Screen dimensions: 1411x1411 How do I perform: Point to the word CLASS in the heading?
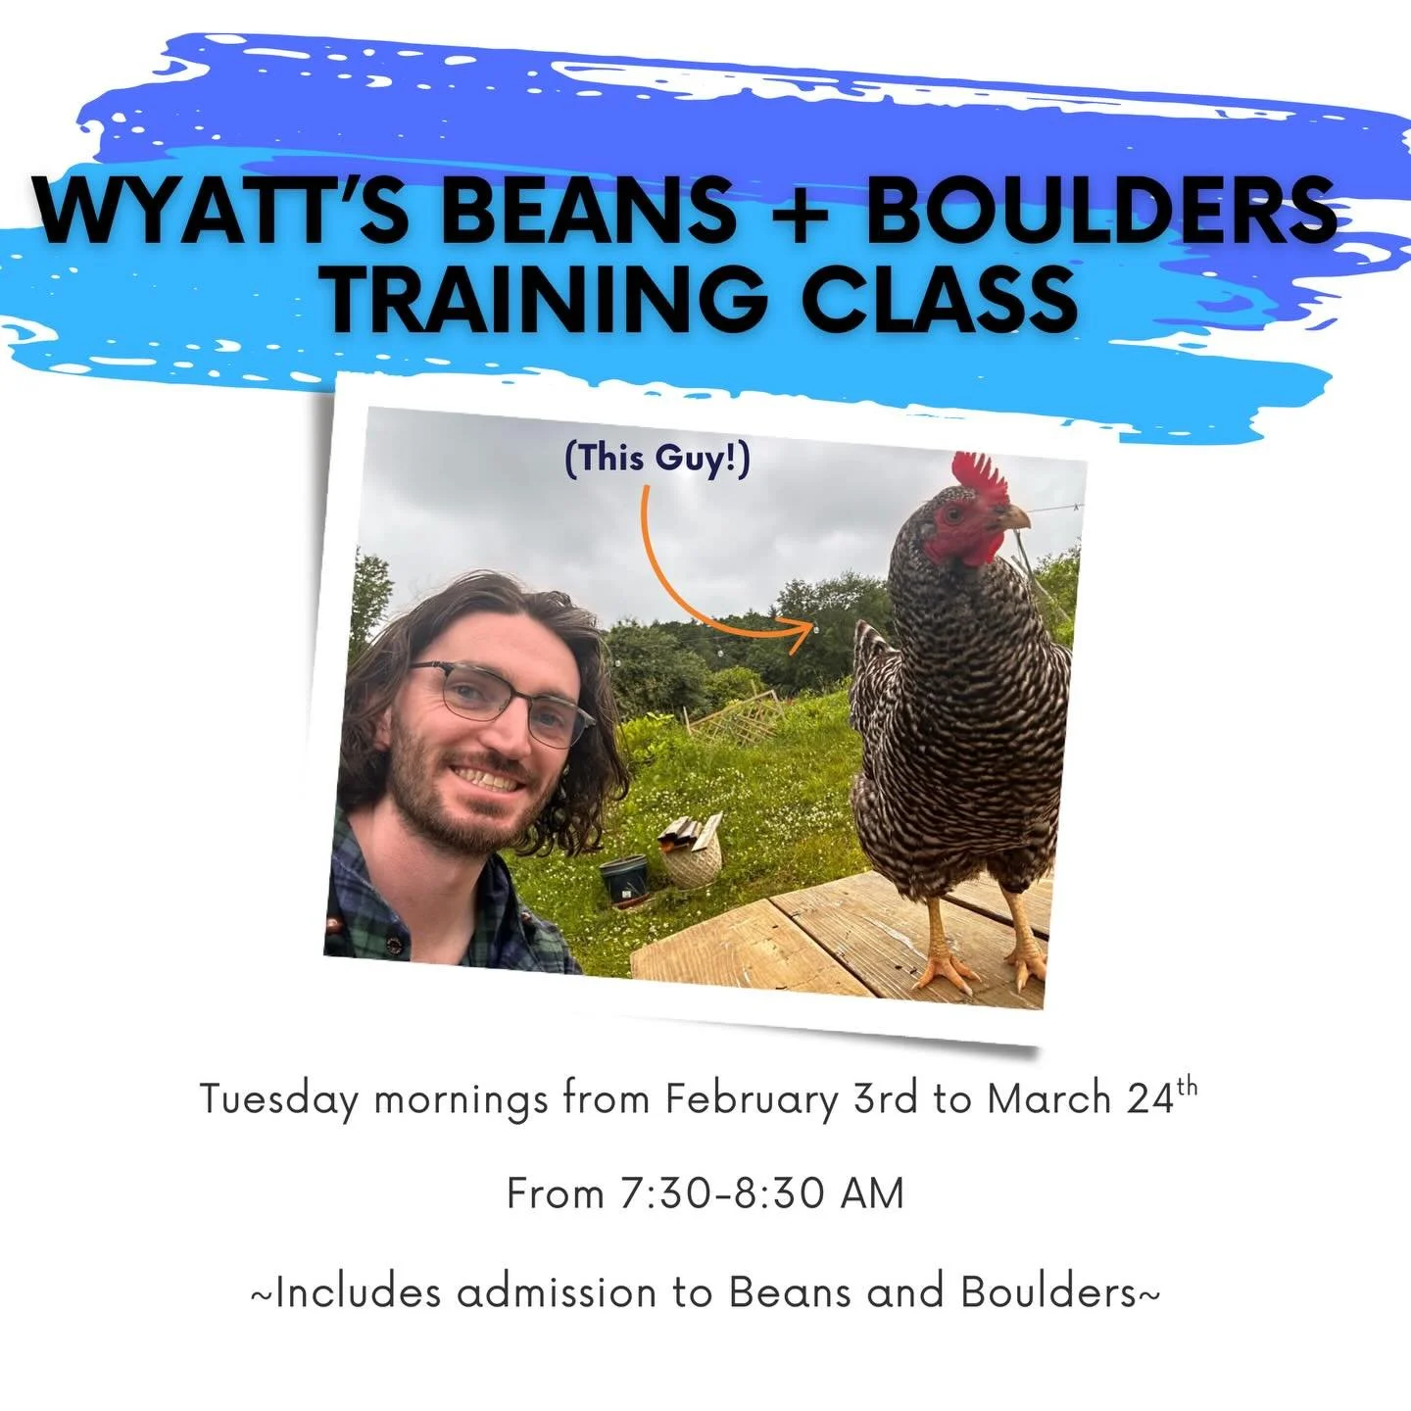(941, 297)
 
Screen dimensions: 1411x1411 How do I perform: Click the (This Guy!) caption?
(657, 459)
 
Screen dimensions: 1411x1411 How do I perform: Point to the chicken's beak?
(1018, 516)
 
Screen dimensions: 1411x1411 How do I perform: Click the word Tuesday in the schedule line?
(278, 1099)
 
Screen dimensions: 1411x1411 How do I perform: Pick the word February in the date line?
(752, 1099)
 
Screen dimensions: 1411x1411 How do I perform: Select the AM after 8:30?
(872, 1194)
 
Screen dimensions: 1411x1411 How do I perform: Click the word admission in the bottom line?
(558, 1292)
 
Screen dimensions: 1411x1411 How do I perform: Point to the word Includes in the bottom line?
(358, 1292)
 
